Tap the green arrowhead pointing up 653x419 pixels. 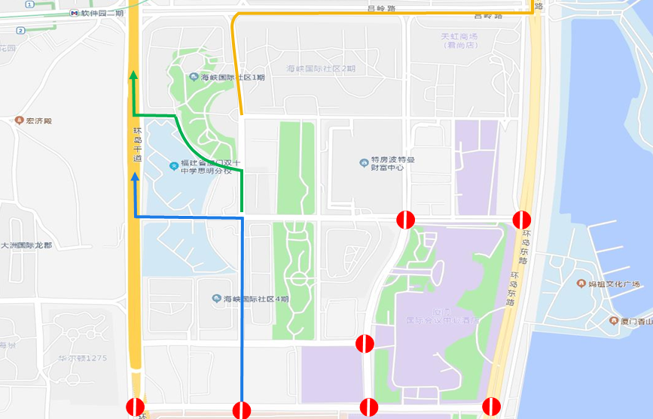pos(134,74)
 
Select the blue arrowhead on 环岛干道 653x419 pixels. pos(135,178)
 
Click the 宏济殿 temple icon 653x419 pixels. pos(19,120)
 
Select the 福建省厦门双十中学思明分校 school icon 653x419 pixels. pos(174,163)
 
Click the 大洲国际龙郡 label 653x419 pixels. pos(26,245)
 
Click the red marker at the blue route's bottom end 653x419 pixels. pos(242,411)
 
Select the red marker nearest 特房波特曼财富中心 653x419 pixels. pos(406,220)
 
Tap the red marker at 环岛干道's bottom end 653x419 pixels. pos(136,408)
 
